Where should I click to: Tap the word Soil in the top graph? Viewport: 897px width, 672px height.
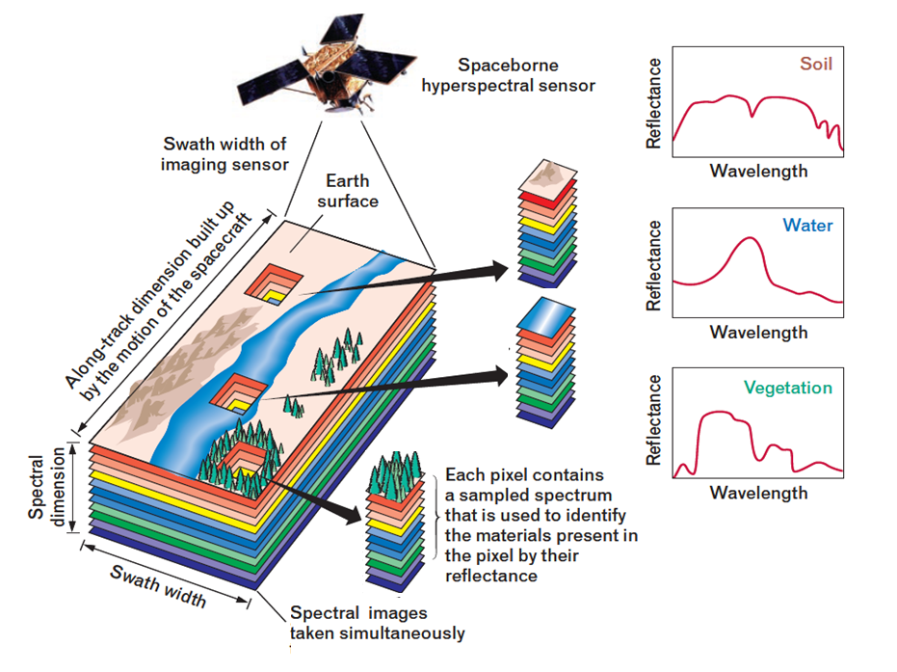(x=816, y=64)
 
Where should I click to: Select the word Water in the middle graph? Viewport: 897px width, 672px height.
(x=807, y=225)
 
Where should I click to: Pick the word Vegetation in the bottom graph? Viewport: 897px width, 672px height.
(x=788, y=389)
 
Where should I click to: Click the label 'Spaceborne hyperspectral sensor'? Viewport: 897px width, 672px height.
(x=508, y=75)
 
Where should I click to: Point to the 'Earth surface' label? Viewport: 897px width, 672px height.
(x=348, y=191)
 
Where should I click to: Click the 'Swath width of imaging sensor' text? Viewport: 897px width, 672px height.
(x=224, y=154)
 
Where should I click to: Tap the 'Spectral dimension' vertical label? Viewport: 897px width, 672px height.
(x=47, y=487)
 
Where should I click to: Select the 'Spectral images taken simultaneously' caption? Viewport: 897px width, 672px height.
(x=377, y=623)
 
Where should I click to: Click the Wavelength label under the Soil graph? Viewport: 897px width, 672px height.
(x=758, y=171)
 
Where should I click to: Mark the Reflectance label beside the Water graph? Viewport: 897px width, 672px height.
(x=653, y=265)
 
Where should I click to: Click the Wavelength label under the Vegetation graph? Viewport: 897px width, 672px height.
(x=758, y=493)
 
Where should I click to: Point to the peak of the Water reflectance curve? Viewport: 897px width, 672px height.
(x=750, y=237)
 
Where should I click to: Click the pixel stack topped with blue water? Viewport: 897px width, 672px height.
(x=545, y=363)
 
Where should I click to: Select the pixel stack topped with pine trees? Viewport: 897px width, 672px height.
(x=396, y=522)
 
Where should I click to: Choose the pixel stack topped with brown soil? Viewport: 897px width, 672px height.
(x=547, y=224)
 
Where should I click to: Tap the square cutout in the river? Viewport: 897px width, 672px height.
(x=238, y=393)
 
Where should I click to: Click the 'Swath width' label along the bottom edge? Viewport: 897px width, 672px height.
(x=158, y=585)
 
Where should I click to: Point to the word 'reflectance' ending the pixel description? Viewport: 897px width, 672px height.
(x=491, y=576)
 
